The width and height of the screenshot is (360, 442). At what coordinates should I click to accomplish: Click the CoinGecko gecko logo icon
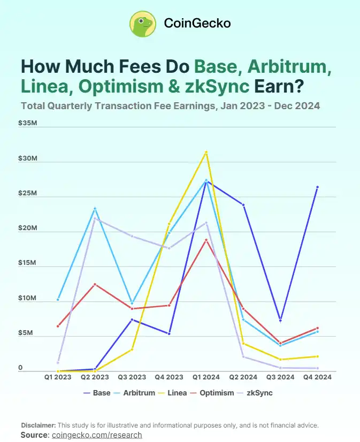(143, 24)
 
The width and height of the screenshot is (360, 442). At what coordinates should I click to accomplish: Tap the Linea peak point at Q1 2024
(206, 152)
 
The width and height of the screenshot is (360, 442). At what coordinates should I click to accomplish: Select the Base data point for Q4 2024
(317, 187)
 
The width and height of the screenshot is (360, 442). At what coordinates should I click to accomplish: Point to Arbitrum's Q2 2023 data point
(95, 209)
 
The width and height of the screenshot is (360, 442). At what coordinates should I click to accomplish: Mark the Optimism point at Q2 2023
(95, 284)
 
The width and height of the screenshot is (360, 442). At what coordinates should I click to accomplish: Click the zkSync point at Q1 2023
(58, 363)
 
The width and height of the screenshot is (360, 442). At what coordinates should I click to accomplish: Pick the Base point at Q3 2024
(280, 320)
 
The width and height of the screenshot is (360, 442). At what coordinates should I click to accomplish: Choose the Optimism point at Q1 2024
(206, 240)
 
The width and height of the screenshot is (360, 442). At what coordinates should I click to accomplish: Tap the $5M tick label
(25, 333)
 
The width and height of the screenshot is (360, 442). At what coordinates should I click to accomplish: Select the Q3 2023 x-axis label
(132, 377)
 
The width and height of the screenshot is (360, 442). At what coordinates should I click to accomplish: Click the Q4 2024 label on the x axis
(317, 377)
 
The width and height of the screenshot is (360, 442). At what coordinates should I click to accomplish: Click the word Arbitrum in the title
(289, 67)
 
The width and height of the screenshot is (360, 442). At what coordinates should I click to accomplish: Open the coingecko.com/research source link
(97, 435)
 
